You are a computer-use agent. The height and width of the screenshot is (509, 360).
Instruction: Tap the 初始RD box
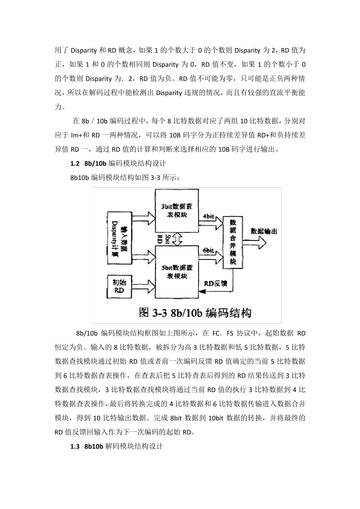(119, 286)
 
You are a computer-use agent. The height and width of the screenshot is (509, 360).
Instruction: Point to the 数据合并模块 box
(233, 242)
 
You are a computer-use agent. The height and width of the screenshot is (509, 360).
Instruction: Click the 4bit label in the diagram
(208, 216)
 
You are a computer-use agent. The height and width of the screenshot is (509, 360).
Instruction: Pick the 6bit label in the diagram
(208, 251)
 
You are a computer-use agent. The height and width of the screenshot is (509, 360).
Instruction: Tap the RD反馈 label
(216, 283)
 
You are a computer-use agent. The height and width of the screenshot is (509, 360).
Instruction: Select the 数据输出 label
(264, 231)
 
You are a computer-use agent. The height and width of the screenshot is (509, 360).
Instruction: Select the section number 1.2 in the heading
(75, 164)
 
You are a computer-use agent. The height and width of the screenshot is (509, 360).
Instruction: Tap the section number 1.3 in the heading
(75, 447)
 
